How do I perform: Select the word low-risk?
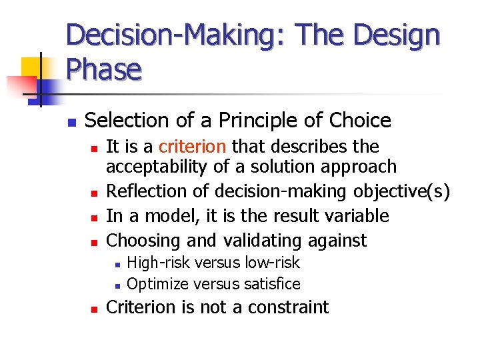273,263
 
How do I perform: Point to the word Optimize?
156,284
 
